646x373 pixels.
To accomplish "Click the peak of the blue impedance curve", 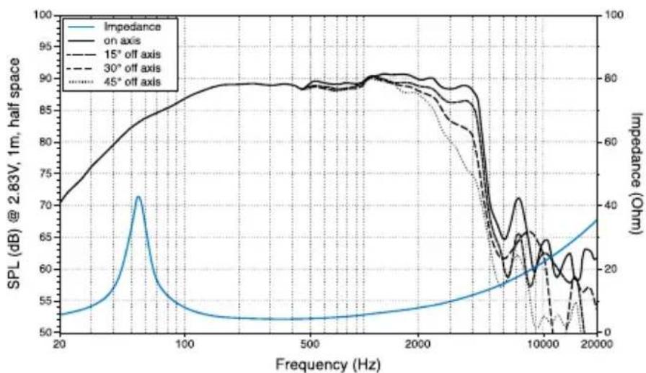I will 138,197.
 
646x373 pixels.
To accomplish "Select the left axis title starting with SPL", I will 14,173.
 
